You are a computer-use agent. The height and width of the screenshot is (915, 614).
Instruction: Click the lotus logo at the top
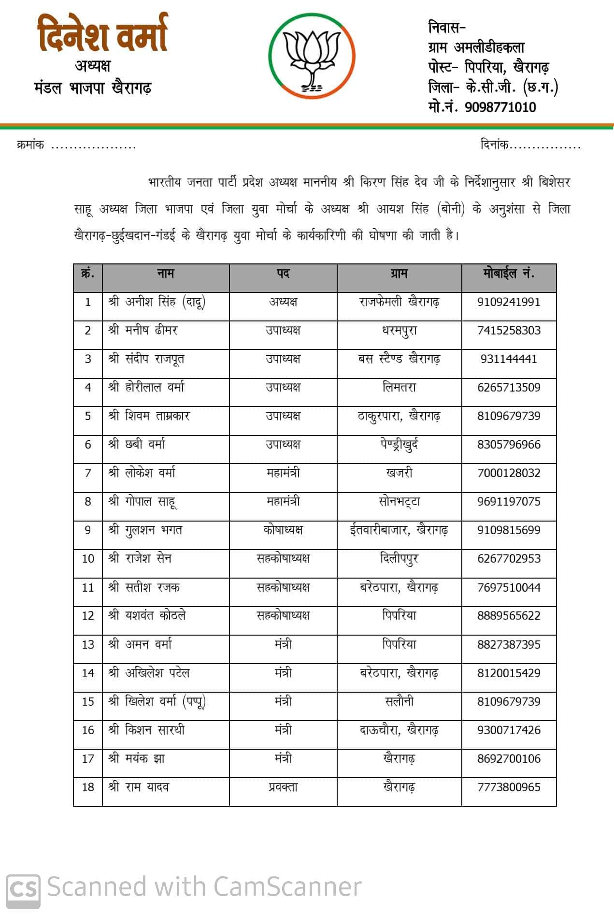click(312, 56)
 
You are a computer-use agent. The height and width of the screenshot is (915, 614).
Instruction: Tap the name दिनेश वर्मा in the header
click(103, 34)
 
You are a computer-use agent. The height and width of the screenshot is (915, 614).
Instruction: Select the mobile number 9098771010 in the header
click(500, 107)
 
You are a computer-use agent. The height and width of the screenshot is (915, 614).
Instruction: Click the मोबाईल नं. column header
click(509, 274)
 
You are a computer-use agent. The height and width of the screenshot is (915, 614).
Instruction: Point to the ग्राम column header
click(399, 274)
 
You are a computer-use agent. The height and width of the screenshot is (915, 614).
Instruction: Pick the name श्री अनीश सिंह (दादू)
click(157, 302)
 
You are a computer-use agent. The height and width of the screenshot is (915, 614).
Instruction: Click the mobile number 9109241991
click(509, 302)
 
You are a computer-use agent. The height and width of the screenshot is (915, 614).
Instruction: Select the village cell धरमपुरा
click(399, 331)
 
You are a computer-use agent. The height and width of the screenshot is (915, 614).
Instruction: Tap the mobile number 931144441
click(509, 359)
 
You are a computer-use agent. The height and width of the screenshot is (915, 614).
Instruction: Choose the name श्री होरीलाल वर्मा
click(146, 388)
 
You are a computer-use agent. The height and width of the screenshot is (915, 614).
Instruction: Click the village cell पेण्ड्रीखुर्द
click(399, 445)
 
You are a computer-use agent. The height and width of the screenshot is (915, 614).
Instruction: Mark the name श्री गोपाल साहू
click(143, 502)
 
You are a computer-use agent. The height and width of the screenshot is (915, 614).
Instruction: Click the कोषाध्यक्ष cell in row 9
click(283, 530)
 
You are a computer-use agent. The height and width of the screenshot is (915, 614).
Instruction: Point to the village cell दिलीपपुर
click(399, 559)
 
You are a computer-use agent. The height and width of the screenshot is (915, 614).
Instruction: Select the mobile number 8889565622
click(509, 616)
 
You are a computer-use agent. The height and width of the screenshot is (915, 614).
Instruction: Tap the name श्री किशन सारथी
click(146, 730)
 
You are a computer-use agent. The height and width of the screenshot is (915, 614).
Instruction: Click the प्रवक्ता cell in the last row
click(283, 787)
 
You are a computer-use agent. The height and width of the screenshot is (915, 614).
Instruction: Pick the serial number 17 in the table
click(88, 759)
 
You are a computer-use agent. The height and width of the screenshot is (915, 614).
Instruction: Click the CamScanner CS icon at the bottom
click(23, 887)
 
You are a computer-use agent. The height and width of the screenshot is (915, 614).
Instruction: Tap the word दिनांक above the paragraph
click(494, 145)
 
